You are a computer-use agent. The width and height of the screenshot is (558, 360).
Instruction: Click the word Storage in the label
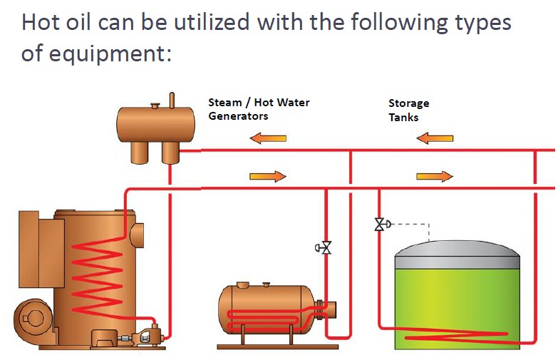(x=408, y=103)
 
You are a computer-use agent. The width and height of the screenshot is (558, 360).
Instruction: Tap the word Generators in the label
(x=238, y=116)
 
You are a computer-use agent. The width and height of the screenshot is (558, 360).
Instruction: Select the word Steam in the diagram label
(x=225, y=103)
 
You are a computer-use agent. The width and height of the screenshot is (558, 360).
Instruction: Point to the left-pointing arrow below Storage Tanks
(x=435, y=138)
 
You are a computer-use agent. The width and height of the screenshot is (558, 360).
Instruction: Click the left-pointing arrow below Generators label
(x=268, y=138)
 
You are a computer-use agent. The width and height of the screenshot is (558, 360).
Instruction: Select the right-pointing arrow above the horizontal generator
(x=268, y=176)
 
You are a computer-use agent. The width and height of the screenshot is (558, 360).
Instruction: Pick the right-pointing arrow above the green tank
(x=435, y=176)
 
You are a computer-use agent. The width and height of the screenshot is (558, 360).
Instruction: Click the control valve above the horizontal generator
(x=324, y=247)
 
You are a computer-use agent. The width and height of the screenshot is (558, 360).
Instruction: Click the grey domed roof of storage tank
(x=458, y=254)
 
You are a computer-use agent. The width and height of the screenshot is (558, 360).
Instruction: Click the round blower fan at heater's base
(x=33, y=318)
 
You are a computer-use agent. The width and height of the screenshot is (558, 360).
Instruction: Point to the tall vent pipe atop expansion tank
(x=172, y=101)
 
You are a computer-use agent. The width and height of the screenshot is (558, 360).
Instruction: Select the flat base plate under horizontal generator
(x=278, y=346)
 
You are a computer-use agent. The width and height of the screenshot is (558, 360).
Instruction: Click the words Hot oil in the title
(x=56, y=22)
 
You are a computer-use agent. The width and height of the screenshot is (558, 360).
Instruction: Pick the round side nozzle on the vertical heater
(x=137, y=235)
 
